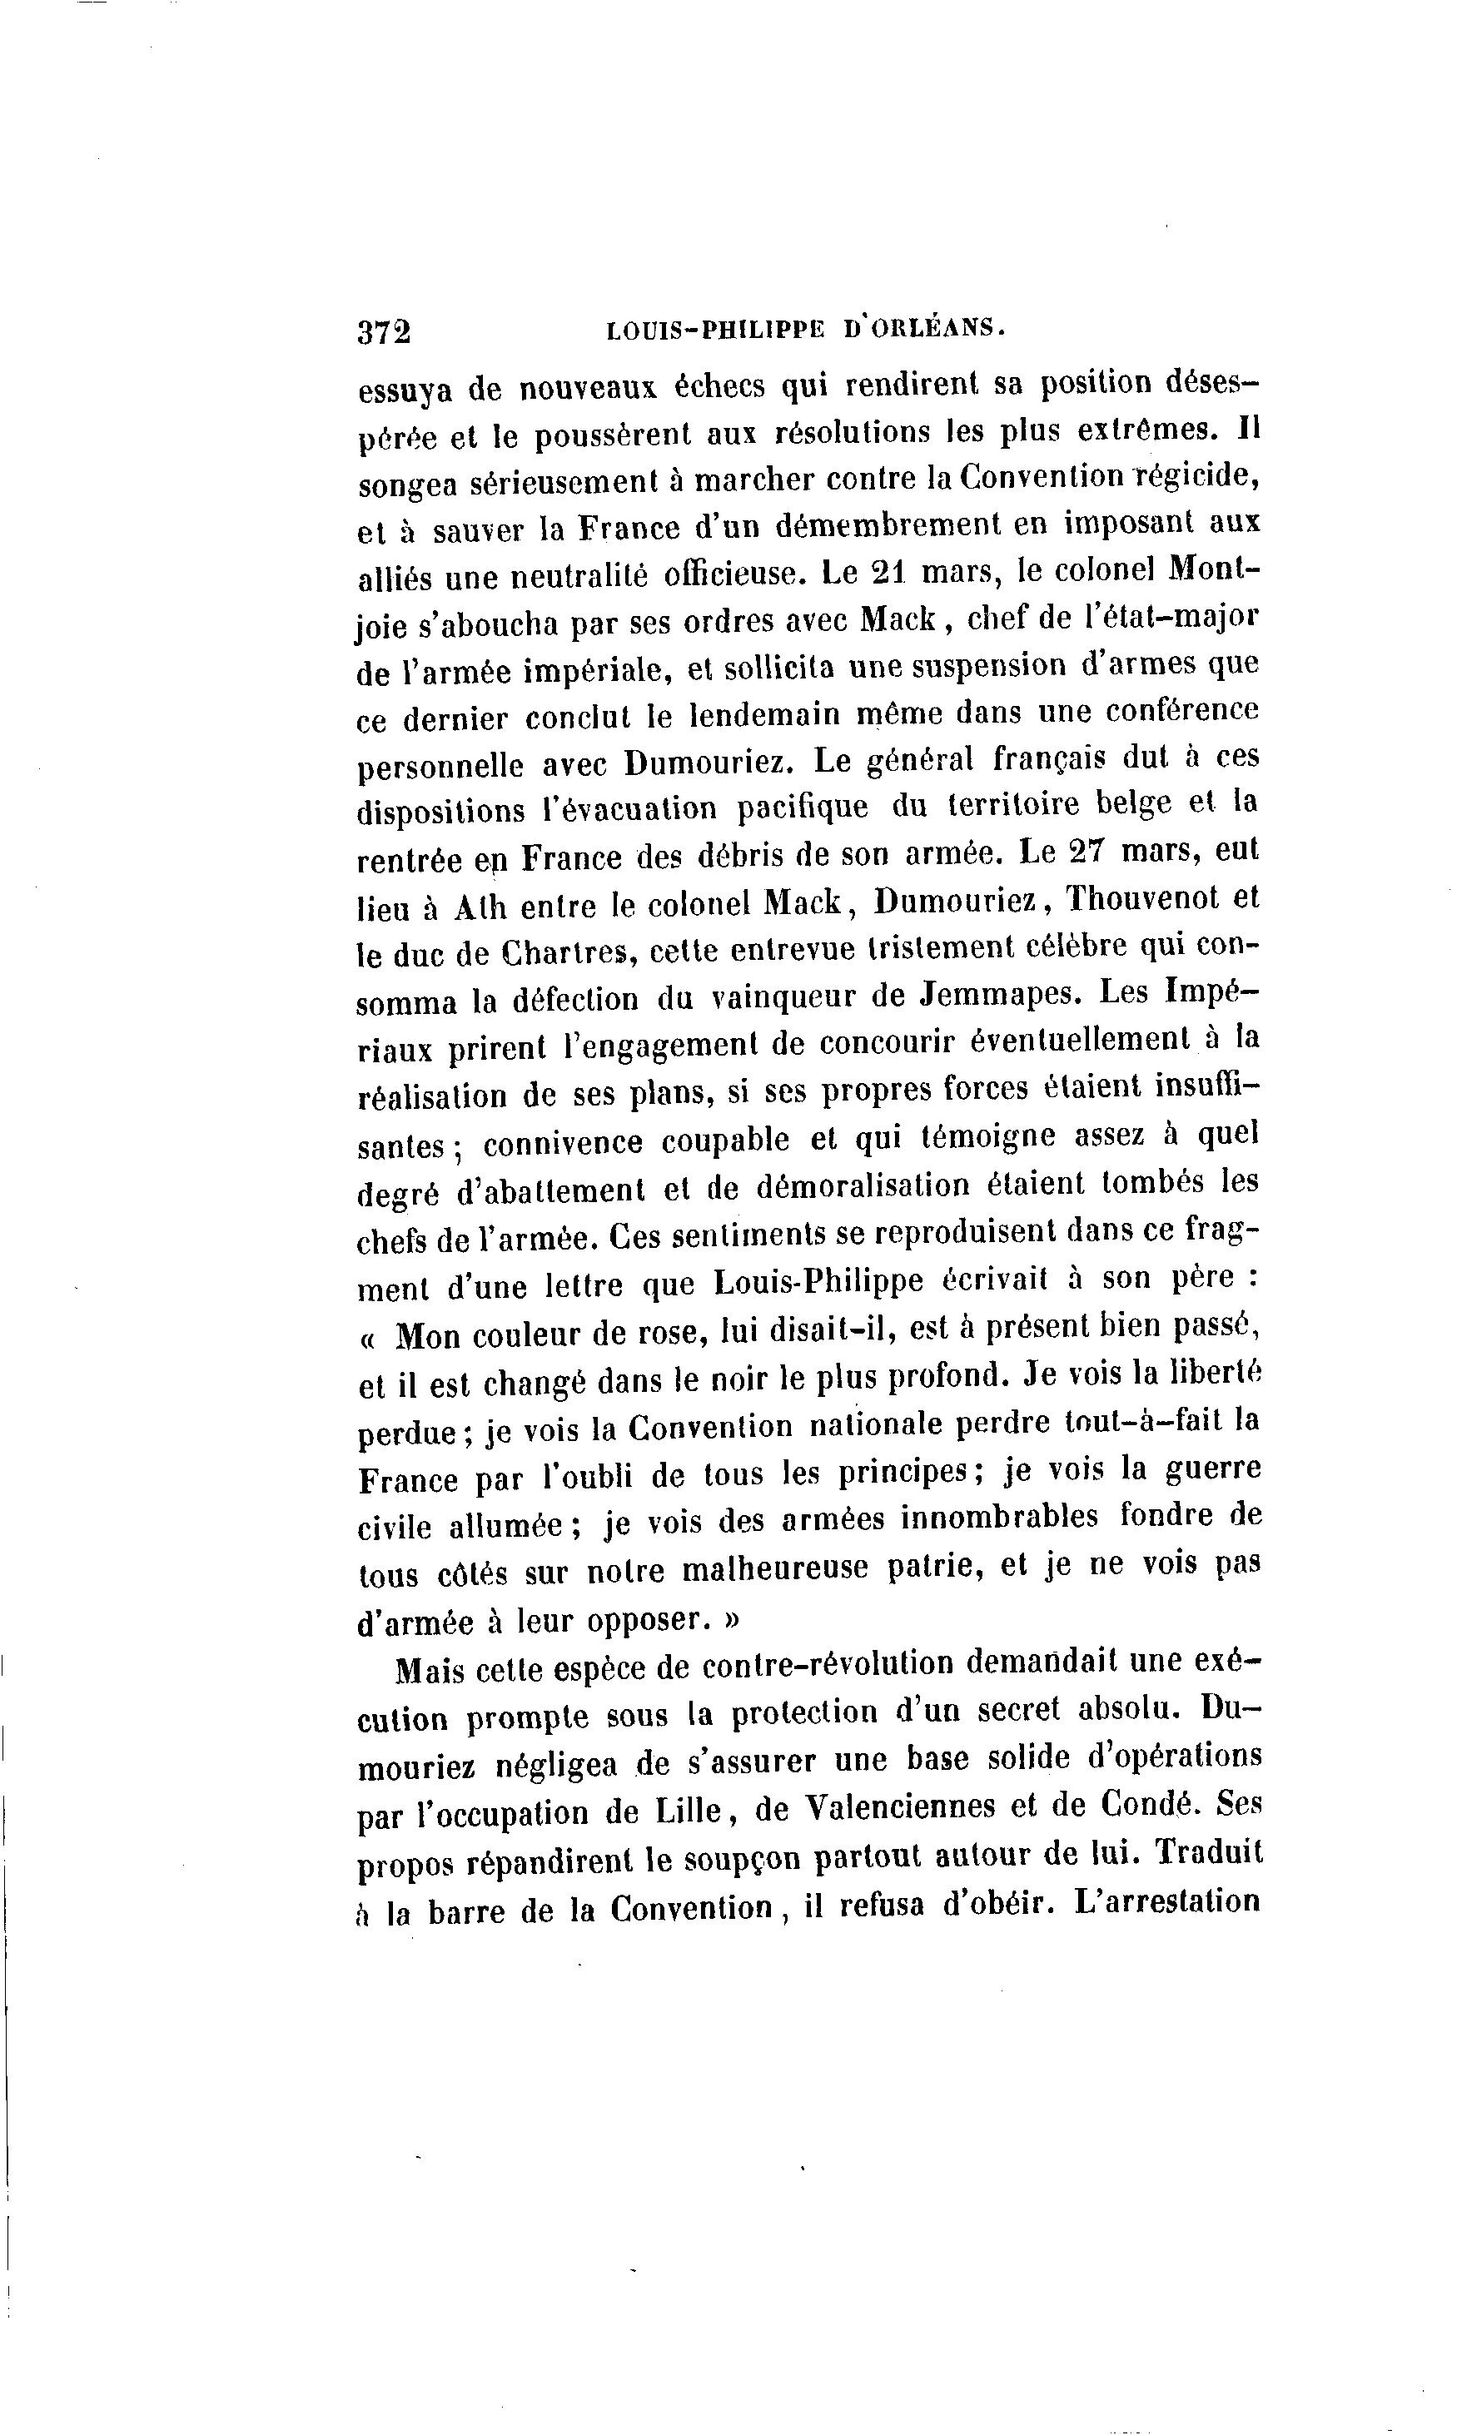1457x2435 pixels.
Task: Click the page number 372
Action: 384,331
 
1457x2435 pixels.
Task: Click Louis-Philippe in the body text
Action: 818,1283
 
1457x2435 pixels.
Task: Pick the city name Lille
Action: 696,1809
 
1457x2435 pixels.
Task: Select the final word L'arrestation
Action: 1167,1901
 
